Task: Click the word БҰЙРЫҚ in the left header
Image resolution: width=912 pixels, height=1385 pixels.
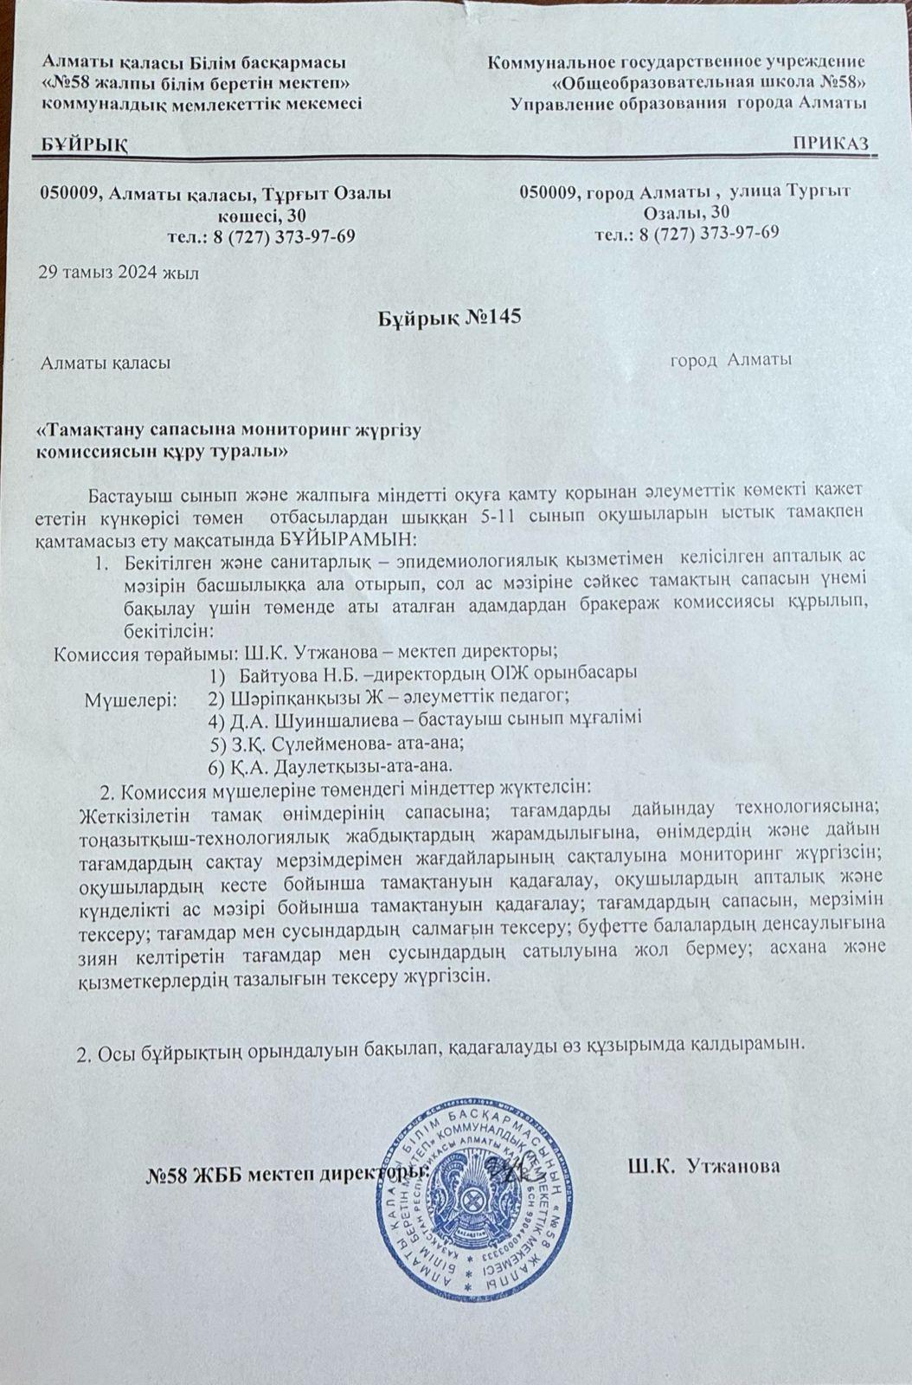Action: pyautogui.click(x=84, y=144)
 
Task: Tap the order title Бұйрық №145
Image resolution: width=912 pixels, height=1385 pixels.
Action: pyautogui.click(x=450, y=317)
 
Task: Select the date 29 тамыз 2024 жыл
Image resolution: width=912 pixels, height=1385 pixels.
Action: pyautogui.click(x=119, y=274)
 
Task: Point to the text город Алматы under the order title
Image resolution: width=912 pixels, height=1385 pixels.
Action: pyautogui.click(x=731, y=360)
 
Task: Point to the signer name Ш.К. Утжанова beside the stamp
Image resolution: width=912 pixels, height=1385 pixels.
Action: pyautogui.click(x=704, y=1167)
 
